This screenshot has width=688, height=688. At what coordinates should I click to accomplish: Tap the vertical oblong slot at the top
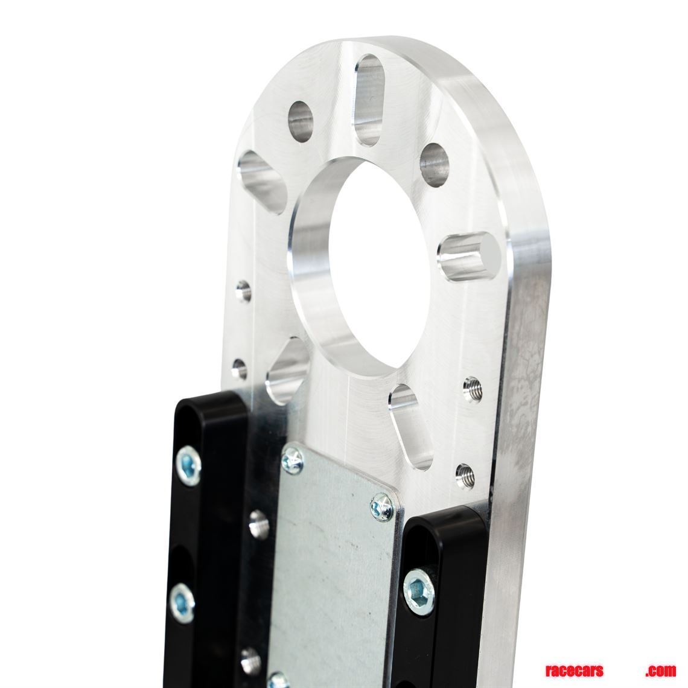pyautogui.click(x=368, y=100)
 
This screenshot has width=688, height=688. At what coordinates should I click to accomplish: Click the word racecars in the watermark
pyautogui.click(x=573, y=671)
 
